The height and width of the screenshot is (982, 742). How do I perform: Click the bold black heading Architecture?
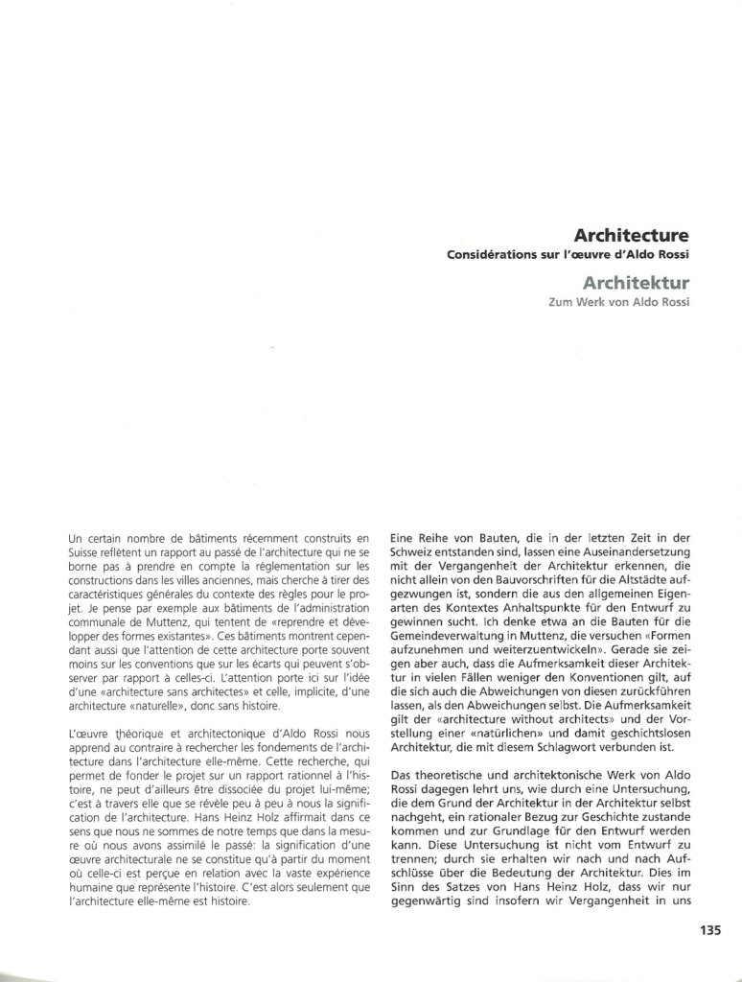[632, 234]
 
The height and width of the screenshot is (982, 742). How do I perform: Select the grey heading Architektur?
[636, 283]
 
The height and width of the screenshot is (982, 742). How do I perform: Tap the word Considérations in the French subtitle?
[492, 254]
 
